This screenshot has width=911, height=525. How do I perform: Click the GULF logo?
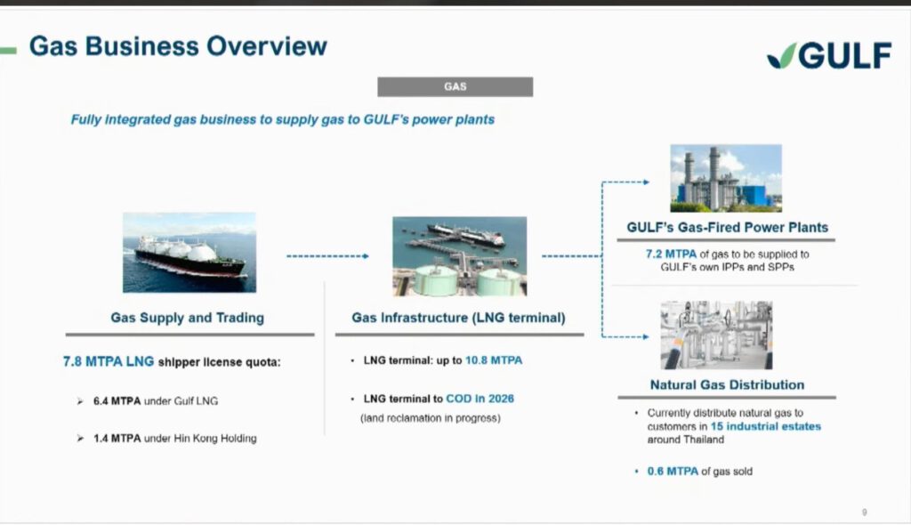click(x=829, y=56)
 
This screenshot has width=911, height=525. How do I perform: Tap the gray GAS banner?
click(x=455, y=86)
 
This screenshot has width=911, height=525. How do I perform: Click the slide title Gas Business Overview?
click(x=178, y=46)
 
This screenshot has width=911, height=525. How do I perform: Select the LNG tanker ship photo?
click(x=189, y=253)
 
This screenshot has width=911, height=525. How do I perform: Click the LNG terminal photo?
click(x=460, y=256)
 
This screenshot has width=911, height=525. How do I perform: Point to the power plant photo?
click(x=726, y=178)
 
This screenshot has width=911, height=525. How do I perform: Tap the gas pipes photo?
click(x=716, y=335)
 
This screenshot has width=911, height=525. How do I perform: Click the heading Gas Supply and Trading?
click(x=187, y=318)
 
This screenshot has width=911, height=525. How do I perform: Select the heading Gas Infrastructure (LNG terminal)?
click(x=458, y=318)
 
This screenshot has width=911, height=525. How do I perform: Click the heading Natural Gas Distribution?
click(x=727, y=385)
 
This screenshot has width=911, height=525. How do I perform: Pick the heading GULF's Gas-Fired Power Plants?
click(x=728, y=227)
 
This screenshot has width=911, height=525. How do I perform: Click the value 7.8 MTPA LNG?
click(x=109, y=361)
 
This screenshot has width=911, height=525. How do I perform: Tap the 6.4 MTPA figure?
click(x=117, y=401)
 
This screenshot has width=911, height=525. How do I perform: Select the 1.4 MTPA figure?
click(x=117, y=439)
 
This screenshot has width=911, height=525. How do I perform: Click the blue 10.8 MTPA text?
click(x=494, y=360)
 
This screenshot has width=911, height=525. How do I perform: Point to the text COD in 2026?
click(x=480, y=399)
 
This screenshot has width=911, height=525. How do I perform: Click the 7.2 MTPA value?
click(x=671, y=254)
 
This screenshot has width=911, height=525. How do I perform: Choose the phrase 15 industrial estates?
click(x=766, y=426)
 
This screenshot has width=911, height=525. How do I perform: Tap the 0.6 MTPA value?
click(x=673, y=471)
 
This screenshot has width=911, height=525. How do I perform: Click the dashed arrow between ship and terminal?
click(x=327, y=255)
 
